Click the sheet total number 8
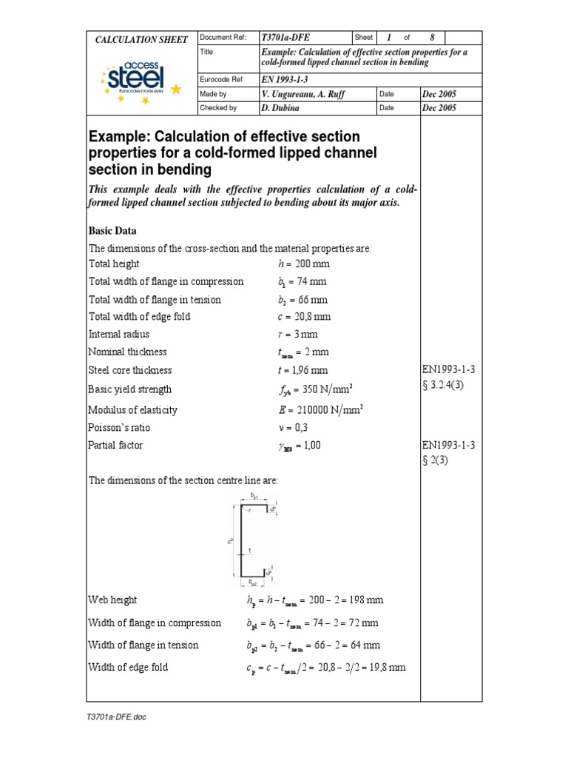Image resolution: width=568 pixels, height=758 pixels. (x=433, y=37)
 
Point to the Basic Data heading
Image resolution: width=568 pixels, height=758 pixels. (x=112, y=230)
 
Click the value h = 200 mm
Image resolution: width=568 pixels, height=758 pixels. (x=297, y=264)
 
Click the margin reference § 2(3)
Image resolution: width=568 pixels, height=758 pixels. (x=436, y=460)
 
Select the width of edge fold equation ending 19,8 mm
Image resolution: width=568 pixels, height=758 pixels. (x=326, y=668)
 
